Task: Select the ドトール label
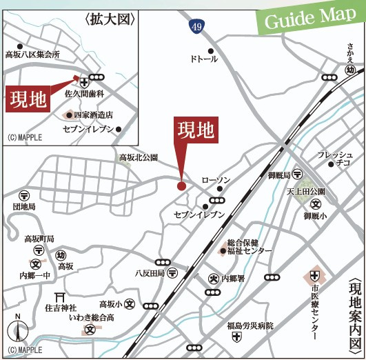pos(203,59)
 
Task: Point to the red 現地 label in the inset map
pos(28,101)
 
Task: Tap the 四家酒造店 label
pos(93,115)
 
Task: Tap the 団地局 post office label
pos(24,206)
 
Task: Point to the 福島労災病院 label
pos(250,326)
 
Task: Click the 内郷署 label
pos(233,279)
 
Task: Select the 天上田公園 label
pos(305,191)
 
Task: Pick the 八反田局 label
pos(150,273)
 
